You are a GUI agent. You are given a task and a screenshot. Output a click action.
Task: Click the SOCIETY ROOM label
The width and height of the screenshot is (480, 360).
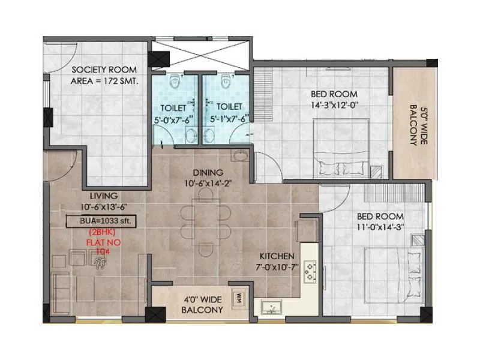104,70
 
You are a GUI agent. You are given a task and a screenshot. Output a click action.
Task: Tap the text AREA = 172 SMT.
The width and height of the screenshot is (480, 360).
104,82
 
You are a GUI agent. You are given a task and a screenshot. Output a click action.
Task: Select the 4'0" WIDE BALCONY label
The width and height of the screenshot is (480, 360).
202,304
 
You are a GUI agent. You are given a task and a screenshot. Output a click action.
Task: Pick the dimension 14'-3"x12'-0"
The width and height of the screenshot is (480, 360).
334,106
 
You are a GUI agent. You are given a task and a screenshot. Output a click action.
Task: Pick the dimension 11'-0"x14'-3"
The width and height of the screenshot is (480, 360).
380,228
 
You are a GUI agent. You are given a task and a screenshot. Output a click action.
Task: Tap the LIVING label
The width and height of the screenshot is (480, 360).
104,196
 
